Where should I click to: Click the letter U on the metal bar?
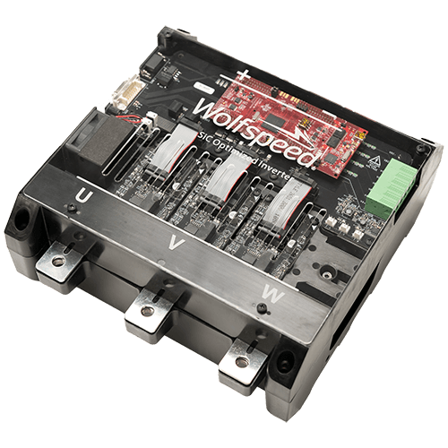tap(83, 194)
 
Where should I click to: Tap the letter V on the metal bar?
tap(176, 241)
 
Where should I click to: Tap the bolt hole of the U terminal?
tap(59, 261)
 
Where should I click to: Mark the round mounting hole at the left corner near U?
tap(19, 216)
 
